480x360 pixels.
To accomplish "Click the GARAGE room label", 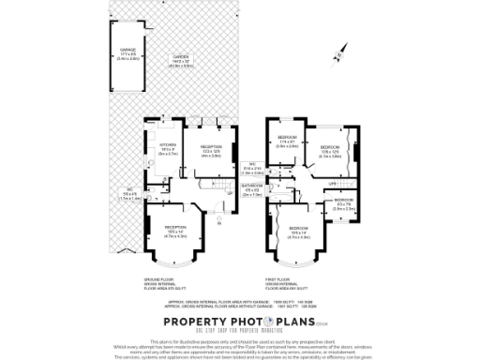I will (128, 50).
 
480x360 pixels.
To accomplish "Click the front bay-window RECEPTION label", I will (176, 227).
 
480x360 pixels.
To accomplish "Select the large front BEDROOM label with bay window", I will (300, 229).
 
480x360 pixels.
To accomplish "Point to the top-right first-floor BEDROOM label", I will (330, 147).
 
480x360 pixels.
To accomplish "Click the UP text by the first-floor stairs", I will (332, 184).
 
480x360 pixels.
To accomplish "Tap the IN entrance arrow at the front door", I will (217, 221).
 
